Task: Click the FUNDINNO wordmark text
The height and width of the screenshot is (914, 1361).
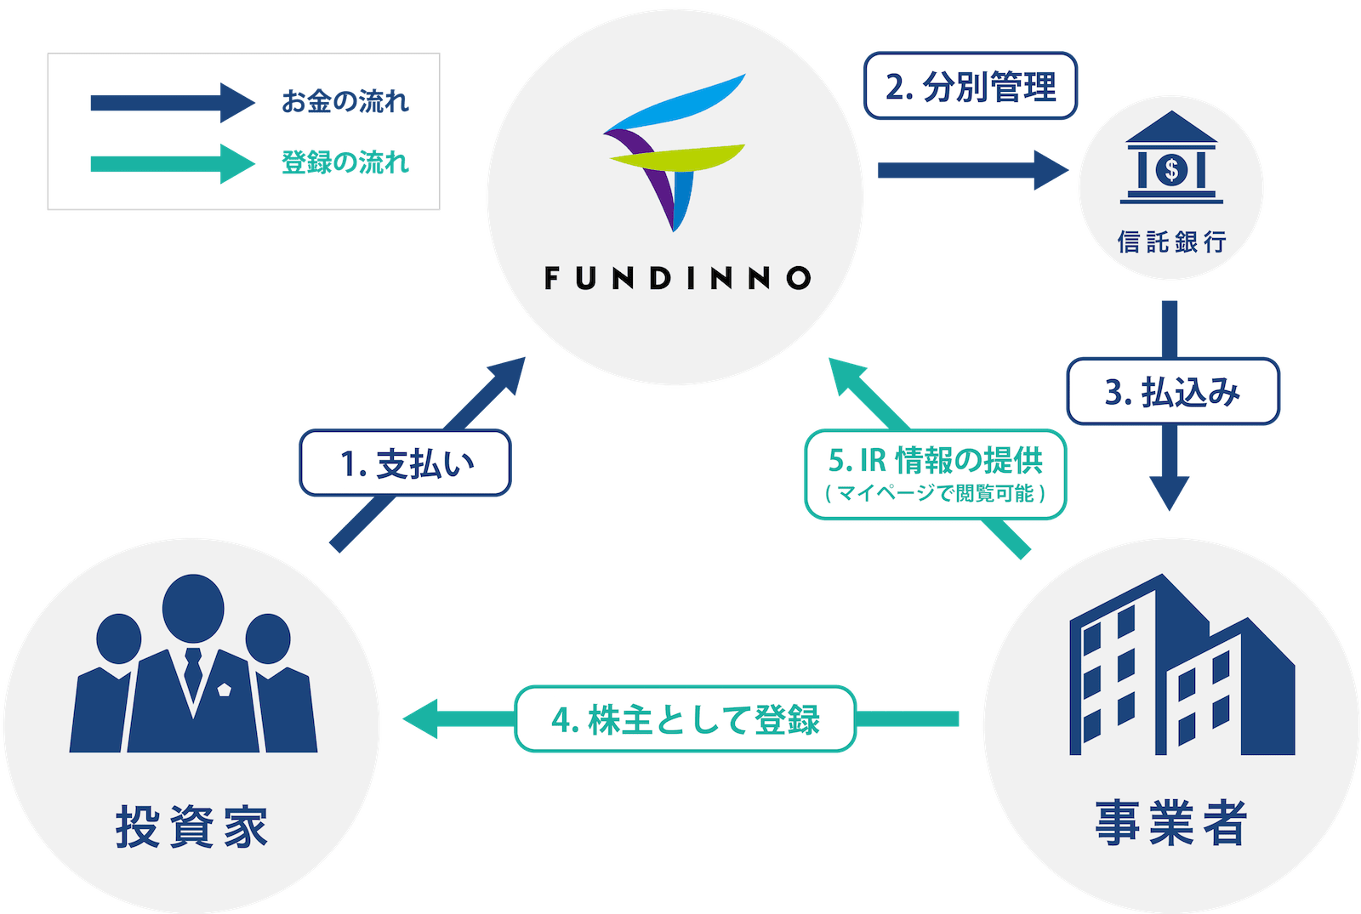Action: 677,278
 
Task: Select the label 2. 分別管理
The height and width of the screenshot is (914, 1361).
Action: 971,87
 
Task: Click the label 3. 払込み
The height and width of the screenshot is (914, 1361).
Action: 1173,392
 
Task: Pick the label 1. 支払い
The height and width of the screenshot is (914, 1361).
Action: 406,463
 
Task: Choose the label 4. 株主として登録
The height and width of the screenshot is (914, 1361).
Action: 685,719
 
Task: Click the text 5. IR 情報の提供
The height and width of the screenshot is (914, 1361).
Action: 935,460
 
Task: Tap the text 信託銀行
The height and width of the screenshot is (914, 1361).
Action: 1171,242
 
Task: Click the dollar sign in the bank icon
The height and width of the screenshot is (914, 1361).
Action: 1171,170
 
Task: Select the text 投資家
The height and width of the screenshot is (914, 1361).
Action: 192,826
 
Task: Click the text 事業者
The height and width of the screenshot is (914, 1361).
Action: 1171,822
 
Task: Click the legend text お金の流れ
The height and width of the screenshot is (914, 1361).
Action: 345,102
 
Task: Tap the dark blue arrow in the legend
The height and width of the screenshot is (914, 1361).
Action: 170,103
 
